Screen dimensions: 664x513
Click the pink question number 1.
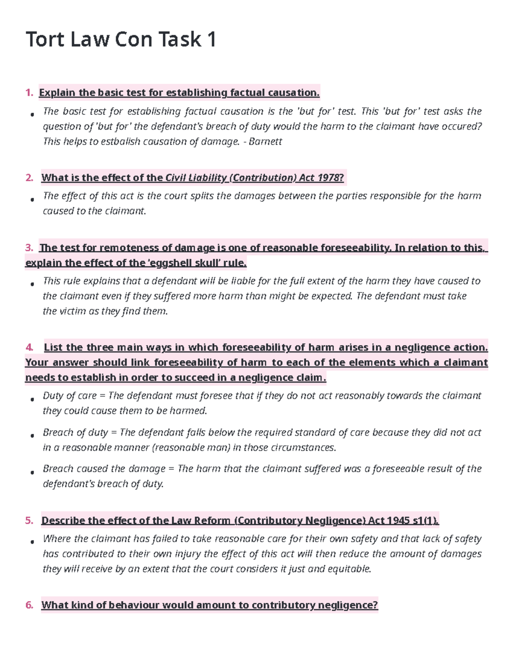(29, 93)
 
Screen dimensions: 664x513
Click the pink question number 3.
(29, 248)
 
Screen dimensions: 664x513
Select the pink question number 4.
(29, 348)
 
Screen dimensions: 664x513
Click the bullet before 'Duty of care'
(32, 399)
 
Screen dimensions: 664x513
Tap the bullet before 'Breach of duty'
(32, 435)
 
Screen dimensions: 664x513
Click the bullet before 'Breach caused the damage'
(32, 472)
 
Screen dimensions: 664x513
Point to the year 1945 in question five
(398, 521)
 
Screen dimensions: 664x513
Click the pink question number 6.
(29, 605)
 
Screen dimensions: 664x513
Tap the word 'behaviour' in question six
(134, 605)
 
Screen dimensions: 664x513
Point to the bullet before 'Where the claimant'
(32, 542)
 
